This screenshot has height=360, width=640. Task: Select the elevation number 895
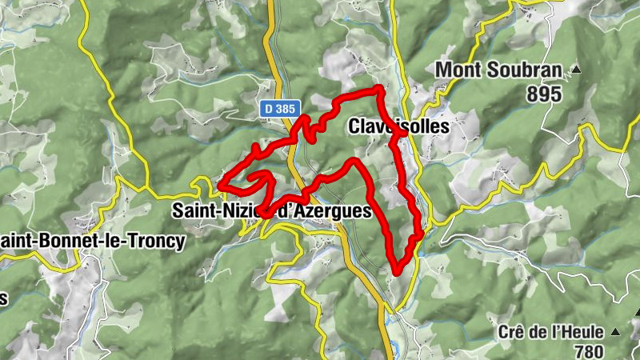tap(544, 94)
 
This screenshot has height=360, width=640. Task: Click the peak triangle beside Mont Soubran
tap(575, 70)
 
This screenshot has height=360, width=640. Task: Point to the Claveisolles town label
tap(399, 126)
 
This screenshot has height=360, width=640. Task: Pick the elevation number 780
tap(590, 350)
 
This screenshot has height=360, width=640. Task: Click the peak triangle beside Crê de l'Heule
tap(615, 331)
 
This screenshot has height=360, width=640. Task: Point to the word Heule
tap(579, 332)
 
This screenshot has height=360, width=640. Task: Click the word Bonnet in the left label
tap(72, 240)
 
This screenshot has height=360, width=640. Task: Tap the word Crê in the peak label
tap(510, 332)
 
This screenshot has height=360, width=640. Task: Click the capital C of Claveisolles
tap(354, 126)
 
